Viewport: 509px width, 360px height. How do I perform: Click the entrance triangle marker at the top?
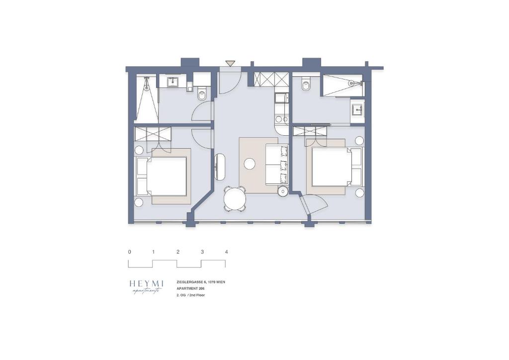tap(230, 63)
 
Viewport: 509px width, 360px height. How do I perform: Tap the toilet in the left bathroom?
tap(202, 94)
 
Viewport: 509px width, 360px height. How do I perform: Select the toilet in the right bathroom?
tap(306, 85)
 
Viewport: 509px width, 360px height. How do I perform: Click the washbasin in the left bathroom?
tap(172, 82)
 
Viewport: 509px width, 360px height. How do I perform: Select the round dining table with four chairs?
tap(235, 199)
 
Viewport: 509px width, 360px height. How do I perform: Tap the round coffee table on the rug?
tap(250, 164)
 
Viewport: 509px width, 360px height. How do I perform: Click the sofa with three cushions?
tap(277, 164)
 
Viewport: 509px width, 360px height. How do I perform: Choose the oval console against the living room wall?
tap(219, 167)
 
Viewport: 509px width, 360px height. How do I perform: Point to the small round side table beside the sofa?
tap(283, 191)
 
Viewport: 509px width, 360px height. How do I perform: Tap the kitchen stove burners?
tap(282, 119)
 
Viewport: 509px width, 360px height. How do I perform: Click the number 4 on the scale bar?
tap(226, 252)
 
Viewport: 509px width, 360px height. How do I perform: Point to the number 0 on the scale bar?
tap(130, 252)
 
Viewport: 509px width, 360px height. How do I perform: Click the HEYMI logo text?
tap(146, 283)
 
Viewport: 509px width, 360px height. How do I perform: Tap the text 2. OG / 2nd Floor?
tap(190, 295)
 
